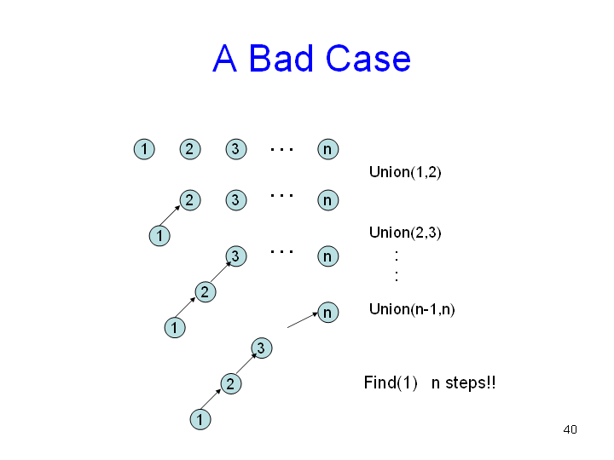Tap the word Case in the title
coord(369,59)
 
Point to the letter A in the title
coord(224,59)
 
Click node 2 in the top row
coord(189,149)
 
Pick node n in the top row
coord(327,149)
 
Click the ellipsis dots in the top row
coord(281,149)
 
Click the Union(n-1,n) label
coord(412,309)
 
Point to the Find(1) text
coord(390,382)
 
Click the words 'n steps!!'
coord(464,382)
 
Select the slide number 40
coord(571,429)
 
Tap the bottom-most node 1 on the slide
coord(199,419)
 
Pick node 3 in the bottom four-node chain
coord(261,348)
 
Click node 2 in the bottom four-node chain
coord(230,383)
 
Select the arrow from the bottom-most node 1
coord(214,401)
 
